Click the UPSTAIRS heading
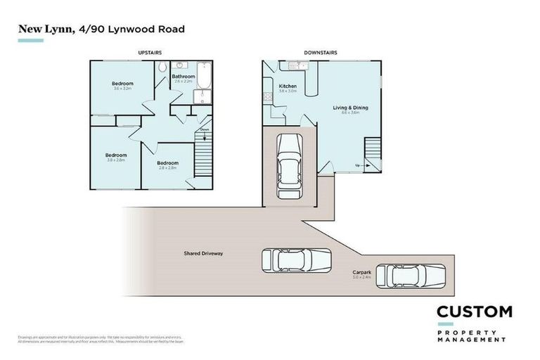[152, 53]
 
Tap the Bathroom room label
[184, 76]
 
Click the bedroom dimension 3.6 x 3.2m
[123, 89]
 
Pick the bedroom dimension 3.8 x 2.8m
[116, 161]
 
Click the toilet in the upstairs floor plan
[162, 67]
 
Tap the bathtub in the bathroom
[204, 79]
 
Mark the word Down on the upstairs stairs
[204, 129]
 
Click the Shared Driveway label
[203, 253]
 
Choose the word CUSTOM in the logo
[473, 311]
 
